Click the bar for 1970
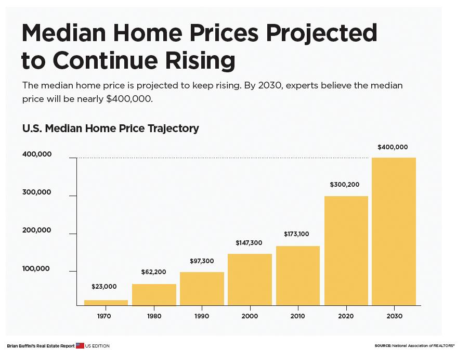click(x=106, y=303)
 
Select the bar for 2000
click(x=250, y=279)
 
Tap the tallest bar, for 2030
click(x=394, y=232)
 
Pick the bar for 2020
click(x=346, y=251)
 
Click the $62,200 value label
click(x=154, y=272)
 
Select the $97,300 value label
click(x=201, y=261)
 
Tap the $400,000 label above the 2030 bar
click(x=393, y=147)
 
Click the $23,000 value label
click(x=104, y=287)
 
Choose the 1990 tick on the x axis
click(x=202, y=316)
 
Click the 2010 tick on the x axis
click(x=297, y=316)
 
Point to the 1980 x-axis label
click(x=154, y=316)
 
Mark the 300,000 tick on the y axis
click(x=37, y=192)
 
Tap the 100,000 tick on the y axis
click(x=37, y=268)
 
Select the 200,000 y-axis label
click(x=37, y=230)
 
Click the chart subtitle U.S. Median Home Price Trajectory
click(x=110, y=128)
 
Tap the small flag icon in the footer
click(x=80, y=345)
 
